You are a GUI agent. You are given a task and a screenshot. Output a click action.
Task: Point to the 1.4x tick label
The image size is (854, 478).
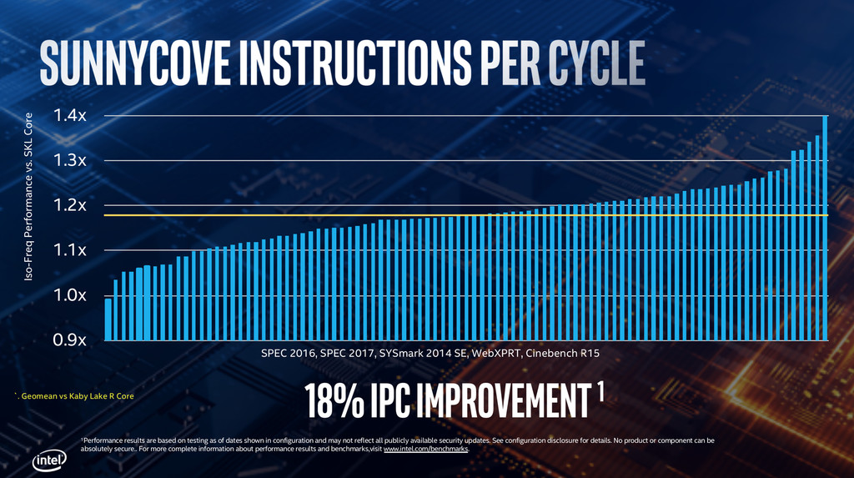click(x=70, y=115)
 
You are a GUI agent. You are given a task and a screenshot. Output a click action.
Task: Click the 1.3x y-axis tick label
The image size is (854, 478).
click(x=70, y=160)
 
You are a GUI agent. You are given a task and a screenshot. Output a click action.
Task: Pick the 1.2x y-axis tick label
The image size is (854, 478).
click(x=70, y=205)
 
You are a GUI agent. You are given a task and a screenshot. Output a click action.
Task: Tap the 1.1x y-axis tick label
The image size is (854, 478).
click(x=70, y=250)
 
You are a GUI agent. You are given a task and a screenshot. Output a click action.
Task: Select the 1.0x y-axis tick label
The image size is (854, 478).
click(x=70, y=295)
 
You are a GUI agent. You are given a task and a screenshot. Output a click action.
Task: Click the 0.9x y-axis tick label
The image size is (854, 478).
click(x=70, y=340)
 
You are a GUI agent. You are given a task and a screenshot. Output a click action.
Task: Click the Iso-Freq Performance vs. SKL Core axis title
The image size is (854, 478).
click(x=29, y=197)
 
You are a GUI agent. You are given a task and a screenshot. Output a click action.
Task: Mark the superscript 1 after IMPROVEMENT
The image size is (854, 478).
click(x=600, y=392)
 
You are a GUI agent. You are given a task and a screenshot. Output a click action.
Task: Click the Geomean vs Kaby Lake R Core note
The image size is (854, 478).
click(x=76, y=395)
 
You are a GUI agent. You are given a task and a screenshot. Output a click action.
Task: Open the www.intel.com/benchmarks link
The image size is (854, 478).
click(x=425, y=449)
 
